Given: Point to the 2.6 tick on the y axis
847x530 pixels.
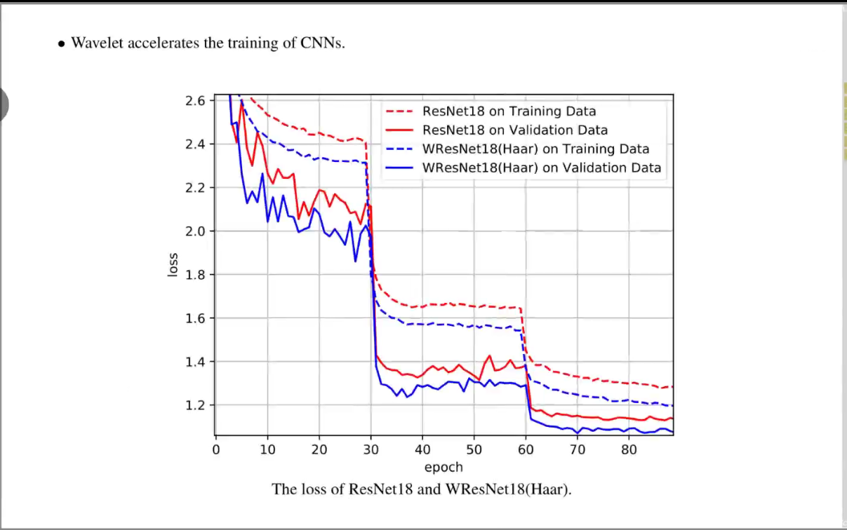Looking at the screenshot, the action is point(195,101).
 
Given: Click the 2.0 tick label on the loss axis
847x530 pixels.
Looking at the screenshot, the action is point(195,231).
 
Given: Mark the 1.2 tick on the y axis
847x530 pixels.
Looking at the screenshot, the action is point(195,405).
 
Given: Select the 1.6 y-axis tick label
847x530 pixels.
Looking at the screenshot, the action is point(195,318).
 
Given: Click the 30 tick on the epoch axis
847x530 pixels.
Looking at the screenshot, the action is point(371,449).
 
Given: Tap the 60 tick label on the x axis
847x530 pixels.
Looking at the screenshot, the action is point(526,449).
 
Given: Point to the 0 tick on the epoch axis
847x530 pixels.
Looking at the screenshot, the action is point(216,449).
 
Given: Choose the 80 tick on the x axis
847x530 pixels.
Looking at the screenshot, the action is point(629,449).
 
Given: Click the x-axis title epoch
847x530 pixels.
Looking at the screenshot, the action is point(443,468).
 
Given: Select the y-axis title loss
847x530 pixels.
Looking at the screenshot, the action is point(173,265).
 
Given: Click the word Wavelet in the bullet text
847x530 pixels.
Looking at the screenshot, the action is point(97,43).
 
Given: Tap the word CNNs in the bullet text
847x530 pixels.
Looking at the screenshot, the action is point(323,43).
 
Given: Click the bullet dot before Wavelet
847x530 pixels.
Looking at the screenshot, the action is point(62,44).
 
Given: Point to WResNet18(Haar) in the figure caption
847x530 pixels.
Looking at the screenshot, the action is point(508,489).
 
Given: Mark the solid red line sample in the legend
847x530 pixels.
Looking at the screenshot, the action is point(399,130).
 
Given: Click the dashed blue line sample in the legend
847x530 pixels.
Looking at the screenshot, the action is point(399,149).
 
